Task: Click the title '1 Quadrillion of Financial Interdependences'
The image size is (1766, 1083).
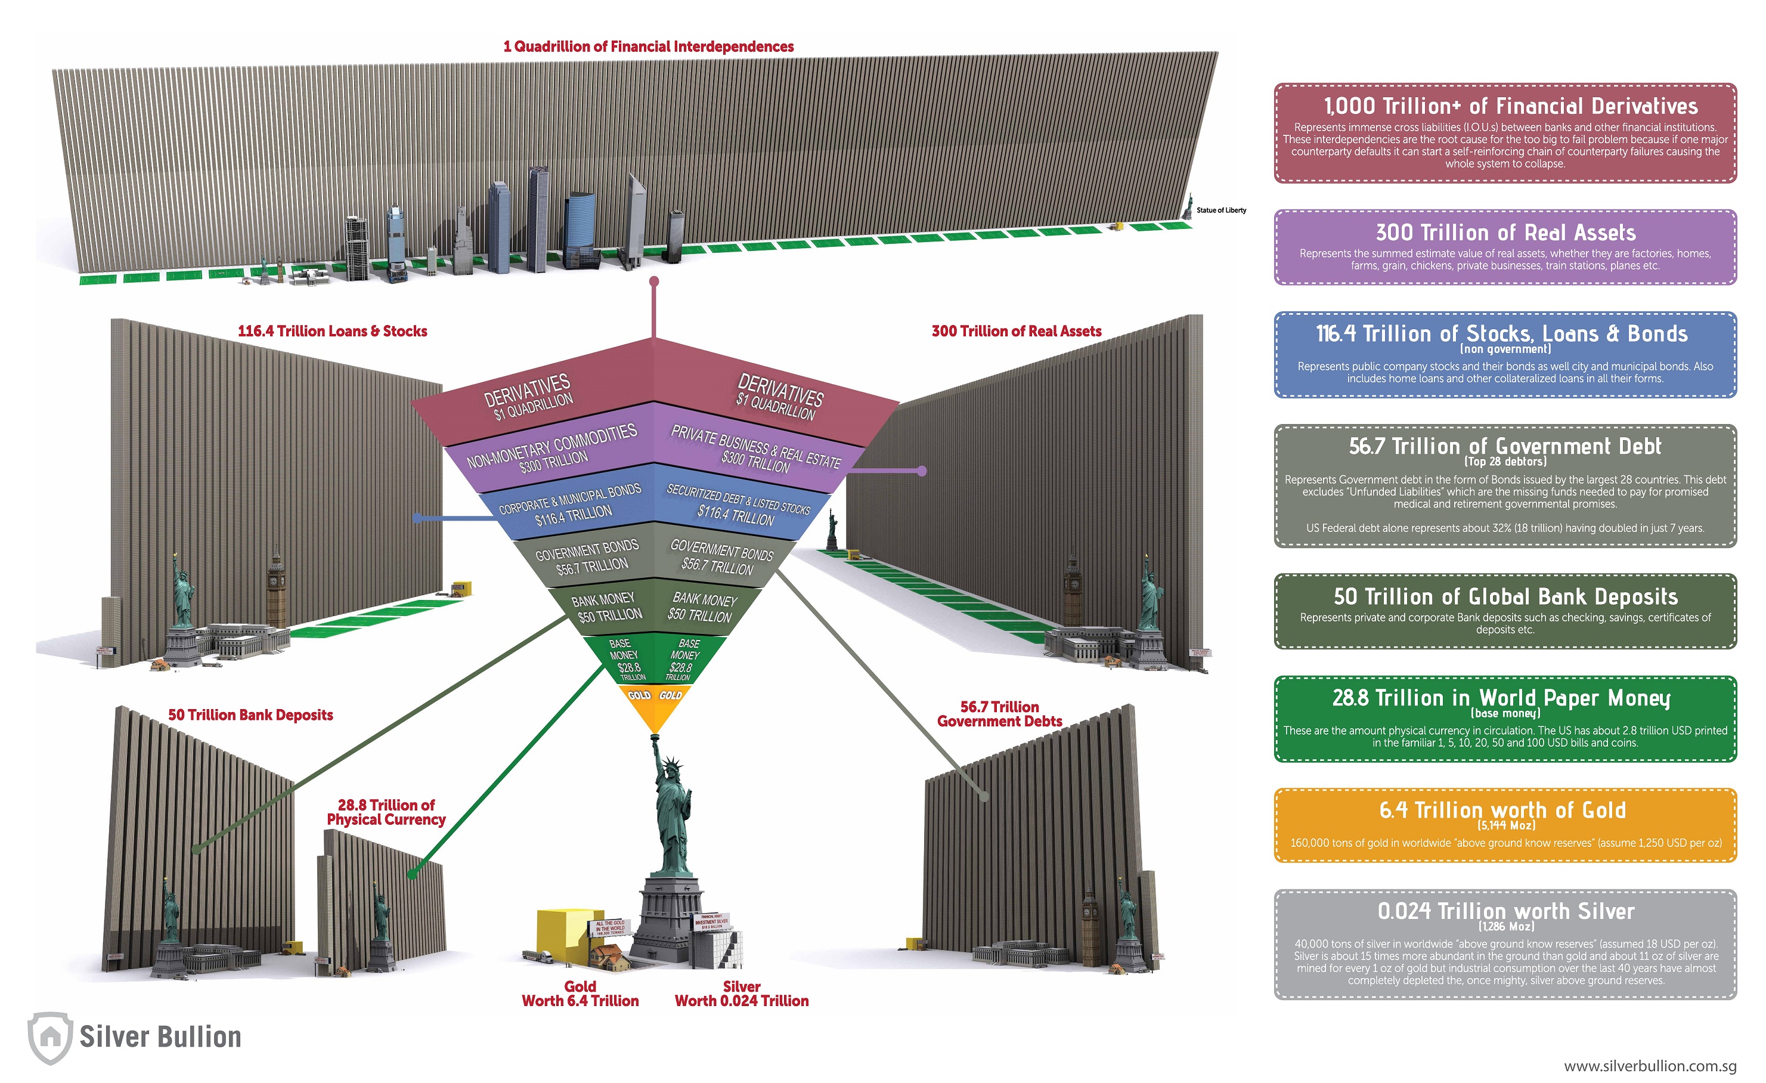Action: click(x=648, y=47)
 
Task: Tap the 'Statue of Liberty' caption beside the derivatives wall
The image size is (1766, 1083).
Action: click(x=1220, y=210)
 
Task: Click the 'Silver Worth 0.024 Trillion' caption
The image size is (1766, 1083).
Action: click(x=741, y=994)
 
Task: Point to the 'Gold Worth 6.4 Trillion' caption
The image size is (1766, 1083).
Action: click(x=580, y=994)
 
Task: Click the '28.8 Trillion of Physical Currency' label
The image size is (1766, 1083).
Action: click(x=386, y=812)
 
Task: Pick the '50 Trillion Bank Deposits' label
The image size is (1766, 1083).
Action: click(x=250, y=714)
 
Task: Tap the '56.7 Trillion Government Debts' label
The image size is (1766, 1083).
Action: click(x=999, y=714)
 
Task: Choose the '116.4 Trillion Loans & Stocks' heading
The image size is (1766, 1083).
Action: click(x=332, y=331)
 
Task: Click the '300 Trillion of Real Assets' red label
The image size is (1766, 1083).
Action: click(x=1017, y=331)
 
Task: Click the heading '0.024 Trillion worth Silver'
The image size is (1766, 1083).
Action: click(x=1505, y=911)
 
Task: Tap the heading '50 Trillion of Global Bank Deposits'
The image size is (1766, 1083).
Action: click(x=1505, y=596)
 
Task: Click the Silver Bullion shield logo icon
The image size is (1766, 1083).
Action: click(x=49, y=1036)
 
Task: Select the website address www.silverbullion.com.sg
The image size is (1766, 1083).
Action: click(x=1649, y=1066)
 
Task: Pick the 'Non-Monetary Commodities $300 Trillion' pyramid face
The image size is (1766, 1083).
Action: click(x=553, y=447)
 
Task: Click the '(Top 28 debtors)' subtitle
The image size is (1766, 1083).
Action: click(x=1504, y=462)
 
